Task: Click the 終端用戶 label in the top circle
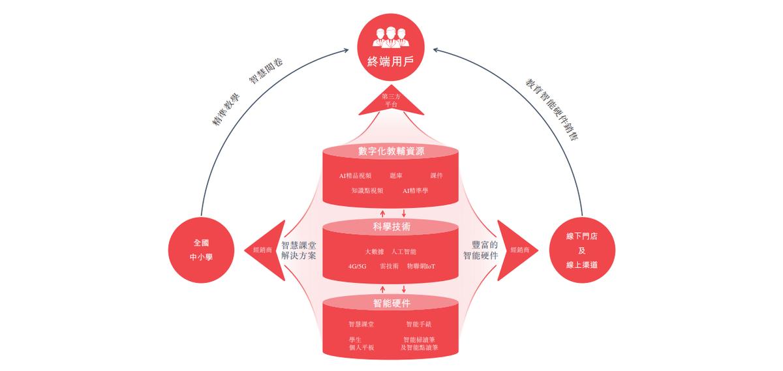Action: (390, 61)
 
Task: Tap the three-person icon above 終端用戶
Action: (390, 37)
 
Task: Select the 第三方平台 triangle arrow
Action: (391, 100)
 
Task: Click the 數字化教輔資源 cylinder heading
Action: (391, 151)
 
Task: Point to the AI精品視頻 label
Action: (355, 175)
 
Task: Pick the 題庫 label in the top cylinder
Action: (396, 175)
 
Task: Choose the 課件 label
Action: (437, 175)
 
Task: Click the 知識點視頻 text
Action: (367, 191)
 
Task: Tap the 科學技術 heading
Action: (391, 227)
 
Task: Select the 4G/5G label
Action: (358, 266)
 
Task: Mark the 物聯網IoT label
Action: (422, 266)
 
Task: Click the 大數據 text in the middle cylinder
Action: (375, 252)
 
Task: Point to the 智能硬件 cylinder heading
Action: (391, 303)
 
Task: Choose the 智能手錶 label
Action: (419, 324)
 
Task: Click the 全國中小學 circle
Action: (201, 250)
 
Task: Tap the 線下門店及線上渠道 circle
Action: (582, 250)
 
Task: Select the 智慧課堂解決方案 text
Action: (299, 250)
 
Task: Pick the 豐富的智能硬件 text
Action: (481, 250)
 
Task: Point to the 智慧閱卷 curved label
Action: (266, 71)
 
